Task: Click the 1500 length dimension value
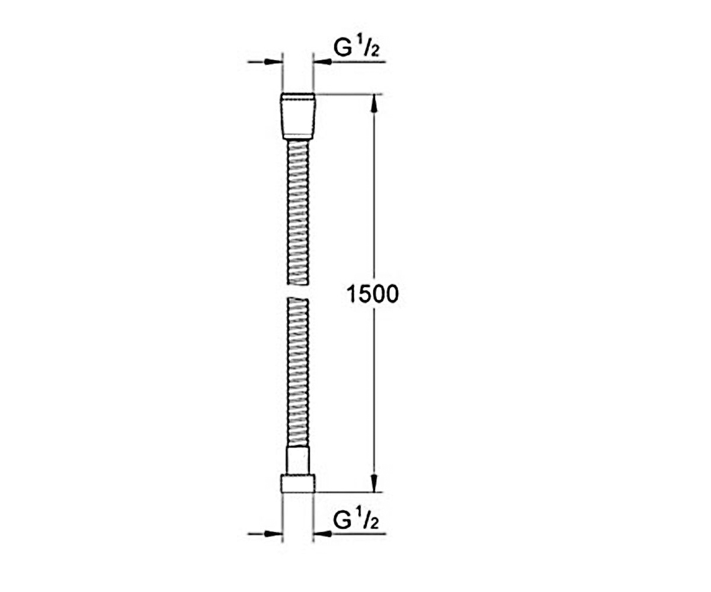(373, 294)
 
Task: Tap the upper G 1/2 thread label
(356, 47)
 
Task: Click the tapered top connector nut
(298, 117)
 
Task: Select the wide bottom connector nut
(298, 484)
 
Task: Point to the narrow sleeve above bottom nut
(298, 461)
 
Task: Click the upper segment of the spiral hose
(298, 213)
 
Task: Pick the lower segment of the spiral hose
(298, 372)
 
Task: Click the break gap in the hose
(298, 291)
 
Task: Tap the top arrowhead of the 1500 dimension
(374, 103)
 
